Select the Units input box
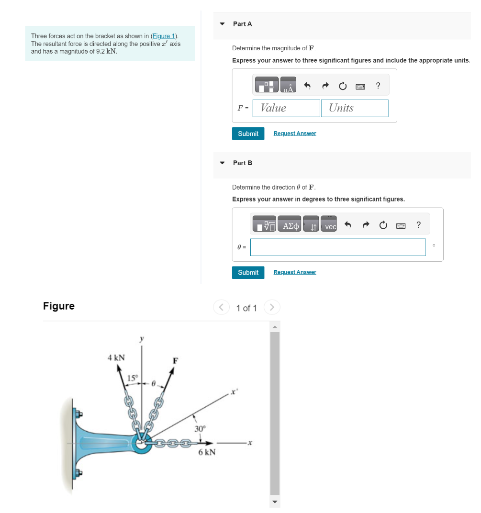[354, 108]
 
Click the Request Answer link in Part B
[294, 272]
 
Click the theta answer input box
[337, 247]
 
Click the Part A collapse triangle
[222, 23]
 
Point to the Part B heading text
[243, 163]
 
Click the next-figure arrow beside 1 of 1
[272, 307]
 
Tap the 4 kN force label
[116, 357]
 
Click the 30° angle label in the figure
[200, 428]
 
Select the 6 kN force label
[207, 452]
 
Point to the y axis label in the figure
[141, 339]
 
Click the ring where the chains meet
[142, 444]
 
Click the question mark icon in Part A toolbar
[378, 86]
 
